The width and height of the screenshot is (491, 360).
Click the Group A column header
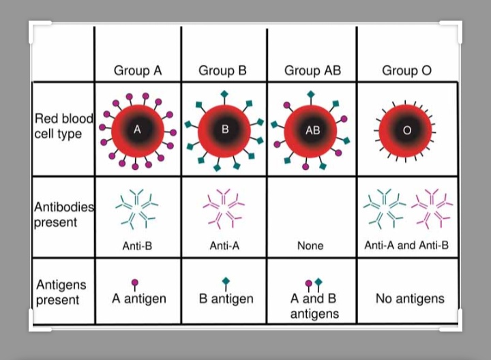138,71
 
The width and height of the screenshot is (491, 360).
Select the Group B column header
222,71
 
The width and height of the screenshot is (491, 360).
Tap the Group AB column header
311,71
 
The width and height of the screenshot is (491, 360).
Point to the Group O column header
406,71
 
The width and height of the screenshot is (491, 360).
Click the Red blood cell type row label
63,126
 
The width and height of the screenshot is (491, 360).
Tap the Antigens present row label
61,292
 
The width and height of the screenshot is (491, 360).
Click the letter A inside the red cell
137,130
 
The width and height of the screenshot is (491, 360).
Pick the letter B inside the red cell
224,128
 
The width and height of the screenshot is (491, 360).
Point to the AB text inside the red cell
312,130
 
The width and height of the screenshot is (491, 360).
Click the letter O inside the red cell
406,131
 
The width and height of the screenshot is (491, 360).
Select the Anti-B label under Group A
136,245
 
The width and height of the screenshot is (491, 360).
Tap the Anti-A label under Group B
224,245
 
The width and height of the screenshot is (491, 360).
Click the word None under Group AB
310,245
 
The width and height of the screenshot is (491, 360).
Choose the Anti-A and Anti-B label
406,245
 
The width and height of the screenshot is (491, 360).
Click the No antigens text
410,299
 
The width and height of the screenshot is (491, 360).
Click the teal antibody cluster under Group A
136,207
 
